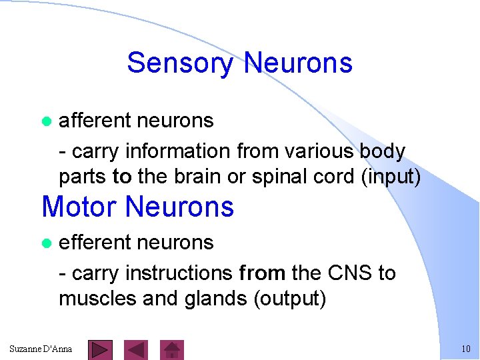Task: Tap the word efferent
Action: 95,242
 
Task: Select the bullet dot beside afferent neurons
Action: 46,122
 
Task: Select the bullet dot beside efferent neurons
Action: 46,243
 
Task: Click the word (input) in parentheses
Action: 390,178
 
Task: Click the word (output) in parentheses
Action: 290,299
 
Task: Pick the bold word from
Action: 262,273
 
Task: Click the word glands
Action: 206,299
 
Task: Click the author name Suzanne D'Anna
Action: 41,349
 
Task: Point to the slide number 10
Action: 465,349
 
